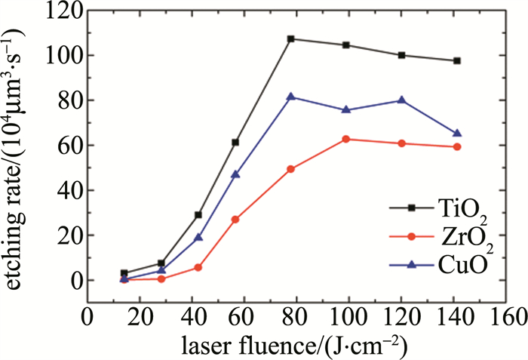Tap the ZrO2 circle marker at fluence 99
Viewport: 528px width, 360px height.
tap(346, 139)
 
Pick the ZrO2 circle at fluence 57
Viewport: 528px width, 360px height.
tap(235, 219)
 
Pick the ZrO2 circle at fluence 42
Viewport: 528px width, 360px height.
tap(198, 267)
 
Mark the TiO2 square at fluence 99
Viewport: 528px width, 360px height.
tap(346, 45)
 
